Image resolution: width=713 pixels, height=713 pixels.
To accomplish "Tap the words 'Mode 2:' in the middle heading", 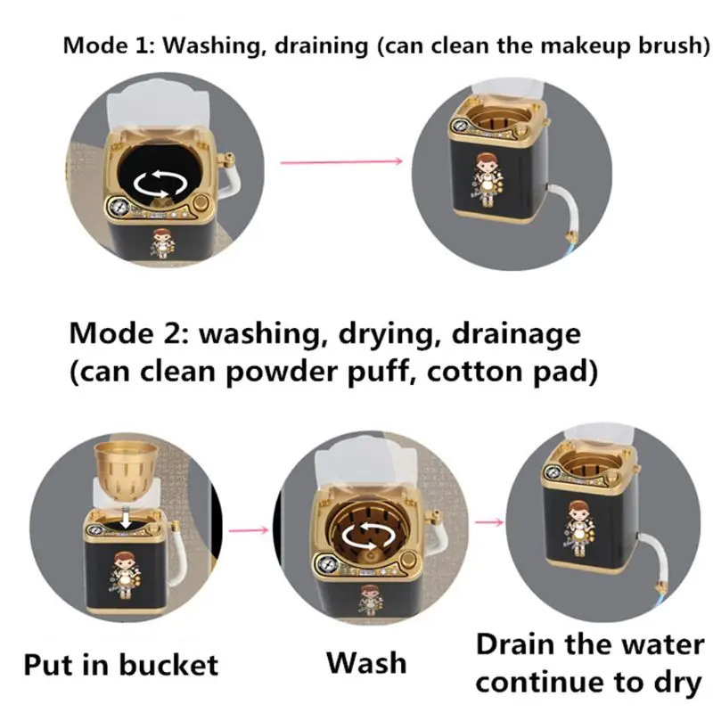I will tap(128, 334).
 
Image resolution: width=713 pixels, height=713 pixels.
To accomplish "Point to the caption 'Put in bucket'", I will tap(119, 664).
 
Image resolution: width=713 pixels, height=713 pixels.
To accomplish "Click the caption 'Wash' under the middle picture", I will tap(365, 662).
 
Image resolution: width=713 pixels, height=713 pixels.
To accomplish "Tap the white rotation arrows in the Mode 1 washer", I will tap(160, 184).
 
